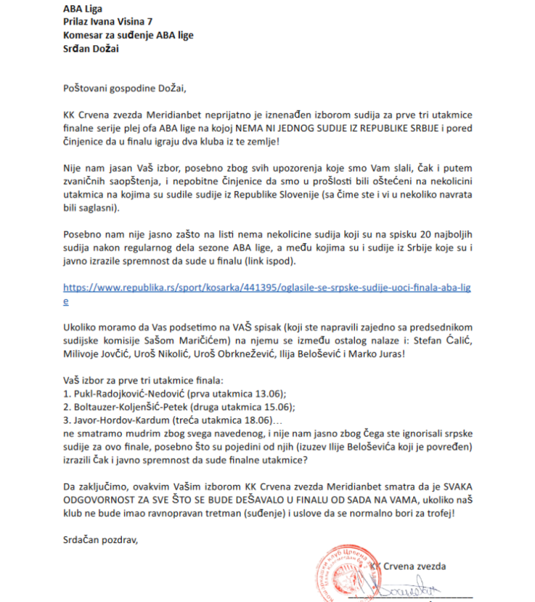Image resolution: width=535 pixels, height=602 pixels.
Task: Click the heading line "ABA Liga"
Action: [x=83, y=9]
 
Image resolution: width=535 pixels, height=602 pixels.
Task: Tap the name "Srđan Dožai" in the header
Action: [x=91, y=49]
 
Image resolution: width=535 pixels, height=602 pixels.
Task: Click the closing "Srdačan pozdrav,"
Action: [x=100, y=540]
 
